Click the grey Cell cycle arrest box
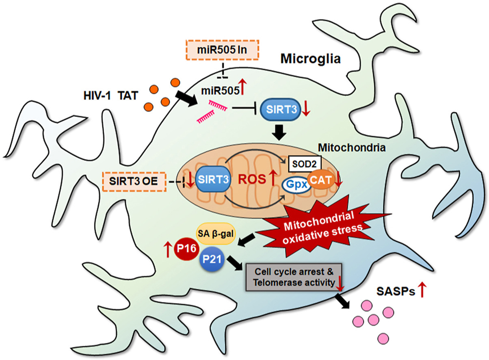295,277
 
